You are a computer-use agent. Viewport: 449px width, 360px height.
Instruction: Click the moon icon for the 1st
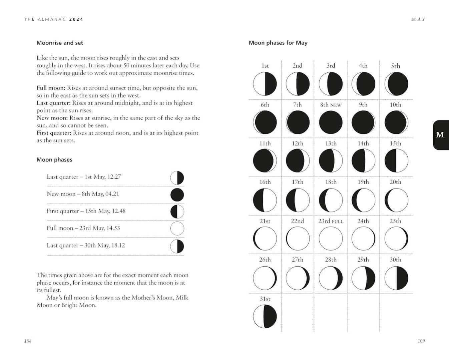point(265,84)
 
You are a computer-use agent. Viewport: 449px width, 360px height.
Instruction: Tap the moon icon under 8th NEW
point(331,122)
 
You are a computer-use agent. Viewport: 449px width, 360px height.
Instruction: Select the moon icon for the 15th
point(396,161)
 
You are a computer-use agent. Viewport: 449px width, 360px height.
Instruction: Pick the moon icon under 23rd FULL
point(331,239)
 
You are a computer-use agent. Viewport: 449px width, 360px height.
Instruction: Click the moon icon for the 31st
point(265,316)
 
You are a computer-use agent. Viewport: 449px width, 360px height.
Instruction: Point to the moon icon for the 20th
point(396,200)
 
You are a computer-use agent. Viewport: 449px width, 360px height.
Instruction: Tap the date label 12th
point(298,143)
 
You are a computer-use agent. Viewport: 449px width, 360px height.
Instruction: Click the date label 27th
point(298,260)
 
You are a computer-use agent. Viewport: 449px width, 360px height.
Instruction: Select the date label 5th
point(396,66)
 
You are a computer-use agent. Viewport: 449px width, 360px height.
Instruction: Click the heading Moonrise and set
point(60,43)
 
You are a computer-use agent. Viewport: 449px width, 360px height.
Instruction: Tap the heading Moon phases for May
point(278,43)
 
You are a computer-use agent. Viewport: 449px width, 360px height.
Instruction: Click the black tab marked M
point(440,135)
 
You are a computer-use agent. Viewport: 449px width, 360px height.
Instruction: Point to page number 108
point(28,341)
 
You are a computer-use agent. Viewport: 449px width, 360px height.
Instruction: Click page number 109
point(421,341)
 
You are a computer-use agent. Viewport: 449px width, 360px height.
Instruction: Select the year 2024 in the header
point(76,19)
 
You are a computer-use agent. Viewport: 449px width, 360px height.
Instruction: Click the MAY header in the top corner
point(419,19)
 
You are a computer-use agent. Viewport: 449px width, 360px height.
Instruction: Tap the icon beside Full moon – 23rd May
point(177,229)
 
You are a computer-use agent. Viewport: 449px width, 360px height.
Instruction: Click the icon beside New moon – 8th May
point(177,195)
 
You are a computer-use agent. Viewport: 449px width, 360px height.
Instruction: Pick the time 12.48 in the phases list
point(119,211)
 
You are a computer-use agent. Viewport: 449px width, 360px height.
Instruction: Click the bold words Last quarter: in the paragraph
point(53,103)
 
